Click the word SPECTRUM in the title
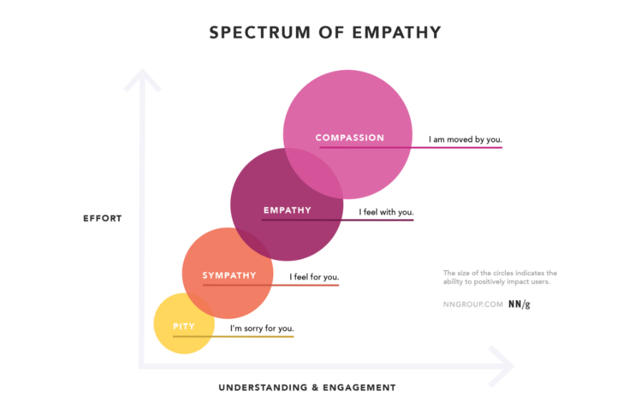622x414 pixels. pos(260,32)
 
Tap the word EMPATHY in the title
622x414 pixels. pos(397,32)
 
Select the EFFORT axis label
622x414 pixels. pos(102,218)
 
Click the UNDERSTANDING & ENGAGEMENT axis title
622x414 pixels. pos(307,387)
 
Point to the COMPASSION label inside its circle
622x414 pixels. pos(350,138)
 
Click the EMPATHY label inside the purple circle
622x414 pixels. pos(287,210)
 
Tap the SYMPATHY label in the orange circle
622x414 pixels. pos(229,275)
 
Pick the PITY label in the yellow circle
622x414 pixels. pos(184,326)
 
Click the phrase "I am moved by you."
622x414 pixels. pos(465,140)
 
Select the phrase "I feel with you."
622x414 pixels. pos(386,212)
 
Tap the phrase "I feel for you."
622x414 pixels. pos(314,277)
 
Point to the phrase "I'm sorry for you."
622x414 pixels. pos(262,328)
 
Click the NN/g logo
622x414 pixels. pos(519,304)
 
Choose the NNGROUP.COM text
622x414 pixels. pos(473,304)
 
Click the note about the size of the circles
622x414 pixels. pos(500,277)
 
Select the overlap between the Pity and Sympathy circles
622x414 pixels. pos(200,307)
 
